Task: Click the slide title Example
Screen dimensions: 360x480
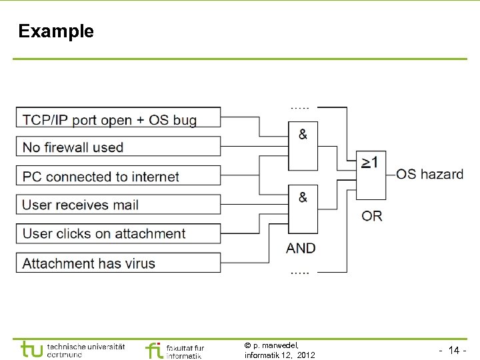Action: pyautogui.click(x=56, y=31)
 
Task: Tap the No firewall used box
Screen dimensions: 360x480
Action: pyautogui.click(x=118, y=147)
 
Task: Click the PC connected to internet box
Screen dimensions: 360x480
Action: pyautogui.click(x=118, y=176)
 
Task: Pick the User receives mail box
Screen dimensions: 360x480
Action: pyautogui.click(x=118, y=205)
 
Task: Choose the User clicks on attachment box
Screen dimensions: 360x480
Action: pyautogui.click(x=118, y=233)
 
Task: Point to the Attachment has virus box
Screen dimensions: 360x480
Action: pyautogui.click(x=118, y=263)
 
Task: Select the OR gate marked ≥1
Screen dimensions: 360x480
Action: pyautogui.click(x=371, y=173)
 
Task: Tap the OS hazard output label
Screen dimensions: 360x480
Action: pyautogui.click(x=429, y=174)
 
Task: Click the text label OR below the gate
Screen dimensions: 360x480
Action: pyautogui.click(x=372, y=216)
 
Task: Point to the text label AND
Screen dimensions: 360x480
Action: pyautogui.click(x=301, y=248)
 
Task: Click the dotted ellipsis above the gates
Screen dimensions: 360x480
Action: pyautogui.click(x=299, y=107)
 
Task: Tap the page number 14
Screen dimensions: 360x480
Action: pyautogui.click(x=454, y=350)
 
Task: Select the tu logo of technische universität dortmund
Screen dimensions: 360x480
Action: pyautogui.click(x=31, y=350)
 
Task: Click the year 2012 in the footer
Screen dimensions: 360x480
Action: pyautogui.click(x=305, y=355)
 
